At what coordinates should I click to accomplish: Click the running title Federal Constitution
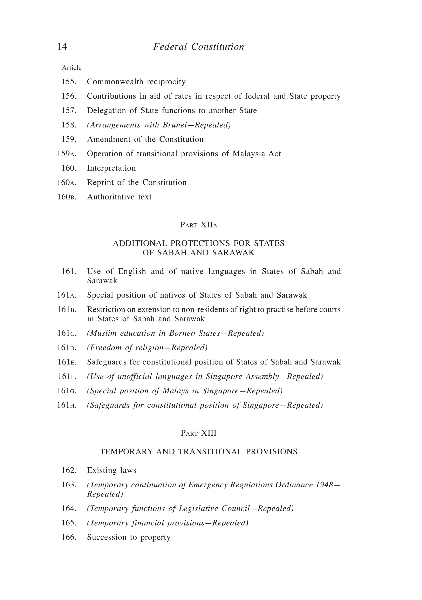[198, 47]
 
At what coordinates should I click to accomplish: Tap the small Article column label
[72, 68]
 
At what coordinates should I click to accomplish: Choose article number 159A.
[67, 154]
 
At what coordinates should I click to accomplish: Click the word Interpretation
[111, 168]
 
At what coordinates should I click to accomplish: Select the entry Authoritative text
[119, 197]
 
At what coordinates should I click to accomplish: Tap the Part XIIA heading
[198, 225]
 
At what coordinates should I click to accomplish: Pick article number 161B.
[67, 310]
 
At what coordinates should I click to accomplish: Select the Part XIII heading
[198, 433]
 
